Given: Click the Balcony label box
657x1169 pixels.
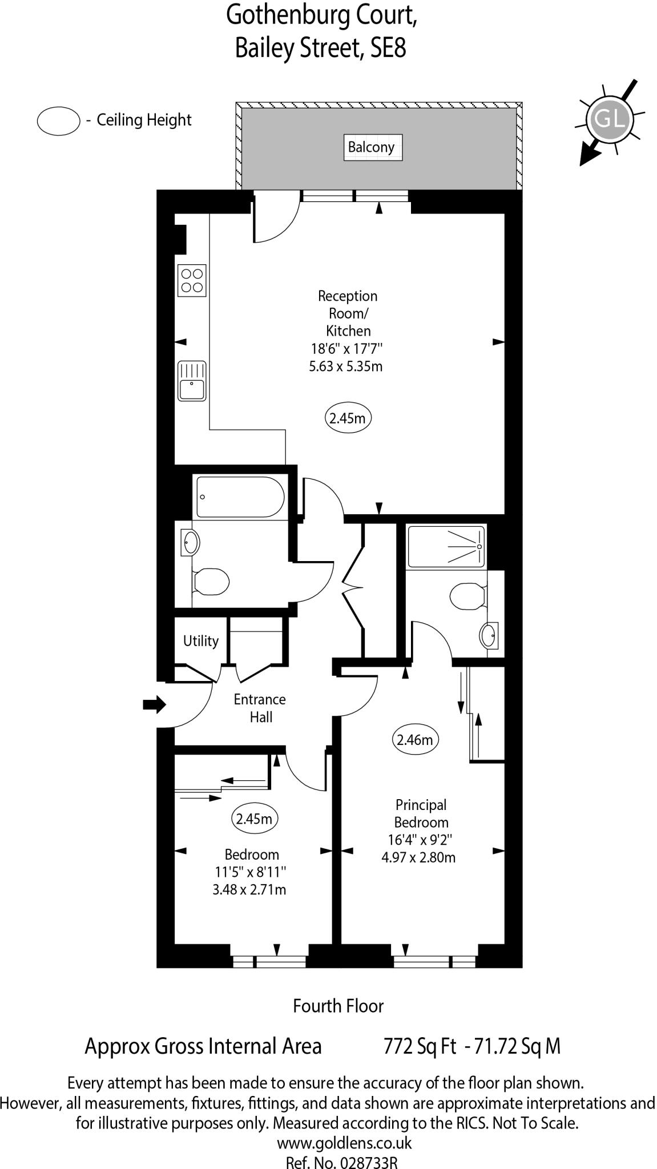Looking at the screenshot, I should click(372, 147).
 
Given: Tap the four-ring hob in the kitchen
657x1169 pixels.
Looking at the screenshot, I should click(192, 280).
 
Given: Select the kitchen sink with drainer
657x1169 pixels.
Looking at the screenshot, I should click(192, 381).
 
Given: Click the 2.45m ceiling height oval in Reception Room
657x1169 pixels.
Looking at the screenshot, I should click(348, 418).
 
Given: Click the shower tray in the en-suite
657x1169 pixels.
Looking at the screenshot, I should click(446, 547).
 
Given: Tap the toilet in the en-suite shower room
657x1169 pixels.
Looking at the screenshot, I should click(467, 597).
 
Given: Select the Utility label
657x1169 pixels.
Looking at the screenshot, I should click(200, 641).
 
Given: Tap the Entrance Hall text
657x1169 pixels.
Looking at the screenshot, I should click(260, 708).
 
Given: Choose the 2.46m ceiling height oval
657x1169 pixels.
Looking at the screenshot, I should click(415, 740).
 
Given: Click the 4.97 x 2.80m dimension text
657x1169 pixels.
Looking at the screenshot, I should click(418, 857).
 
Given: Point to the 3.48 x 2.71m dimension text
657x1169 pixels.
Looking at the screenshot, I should click(249, 889).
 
